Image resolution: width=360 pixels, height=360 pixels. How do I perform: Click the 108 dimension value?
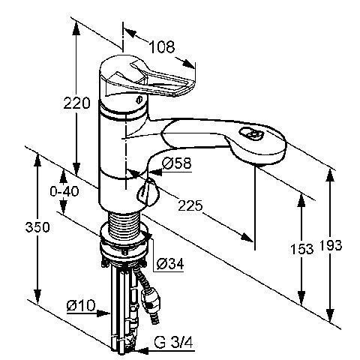162,46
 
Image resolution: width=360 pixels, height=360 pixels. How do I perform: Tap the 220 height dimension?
76,103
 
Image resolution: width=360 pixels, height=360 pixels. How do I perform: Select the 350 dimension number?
37,227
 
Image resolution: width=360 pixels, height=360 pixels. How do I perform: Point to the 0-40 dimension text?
64,191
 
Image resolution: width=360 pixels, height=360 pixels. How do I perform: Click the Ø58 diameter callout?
176,163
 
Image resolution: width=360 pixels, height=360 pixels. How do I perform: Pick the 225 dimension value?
190,205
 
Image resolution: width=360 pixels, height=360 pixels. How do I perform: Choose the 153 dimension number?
301,249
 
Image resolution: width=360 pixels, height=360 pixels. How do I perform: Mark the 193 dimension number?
331,245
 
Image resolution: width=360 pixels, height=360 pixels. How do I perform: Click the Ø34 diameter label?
170,263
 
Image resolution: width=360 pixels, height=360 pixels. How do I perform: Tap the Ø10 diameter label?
81,305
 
